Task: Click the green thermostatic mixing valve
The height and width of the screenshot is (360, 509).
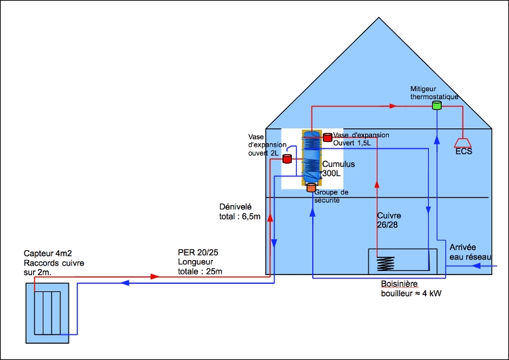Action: click(x=437, y=106)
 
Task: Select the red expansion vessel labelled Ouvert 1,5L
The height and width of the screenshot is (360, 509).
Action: click(x=327, y=137)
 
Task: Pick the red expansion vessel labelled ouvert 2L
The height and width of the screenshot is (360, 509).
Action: click(x=286, y=159)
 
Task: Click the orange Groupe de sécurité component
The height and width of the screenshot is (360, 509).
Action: click(x=312, y=187)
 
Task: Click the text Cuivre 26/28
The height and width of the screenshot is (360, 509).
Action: click(x=390, y=220)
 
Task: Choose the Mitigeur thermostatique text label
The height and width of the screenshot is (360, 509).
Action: click(x=434, y=93)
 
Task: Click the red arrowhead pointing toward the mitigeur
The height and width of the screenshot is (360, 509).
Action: click(x=392, y=106)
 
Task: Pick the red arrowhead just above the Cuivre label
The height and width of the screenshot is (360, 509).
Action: click(x=377, y=182)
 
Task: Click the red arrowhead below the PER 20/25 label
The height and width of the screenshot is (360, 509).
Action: click(x=155, y=276)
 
